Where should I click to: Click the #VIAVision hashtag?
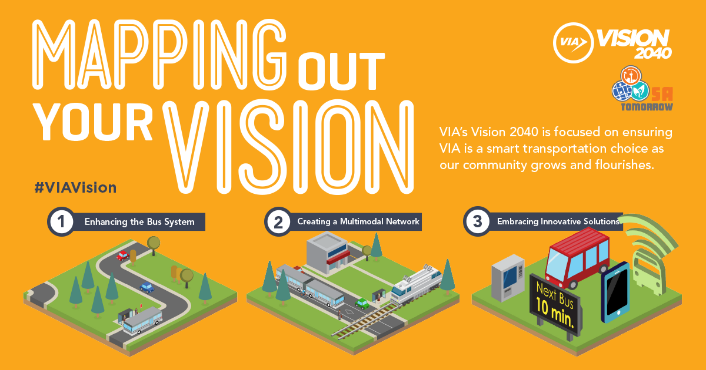point(76,188)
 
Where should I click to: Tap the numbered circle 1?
point(61,221)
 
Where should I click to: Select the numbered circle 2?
point(278,222)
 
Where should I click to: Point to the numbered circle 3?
point(477,221)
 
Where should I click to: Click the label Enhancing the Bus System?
point(139,222)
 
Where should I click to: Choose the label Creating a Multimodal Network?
point(358,221)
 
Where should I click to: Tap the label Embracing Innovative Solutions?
point(558,221)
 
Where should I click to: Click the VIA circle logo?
point(573,43)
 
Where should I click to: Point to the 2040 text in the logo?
point(652,53)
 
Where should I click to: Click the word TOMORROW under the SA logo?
point(647,107)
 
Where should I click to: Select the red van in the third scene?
point(577,258)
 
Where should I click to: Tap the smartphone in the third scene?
point(615,292)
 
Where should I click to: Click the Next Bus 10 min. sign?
point(556,305)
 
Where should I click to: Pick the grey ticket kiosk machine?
point(508,277)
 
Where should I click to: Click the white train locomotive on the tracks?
point(416,285)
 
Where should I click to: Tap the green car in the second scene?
point(362,303)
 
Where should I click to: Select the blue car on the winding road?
point(147,288)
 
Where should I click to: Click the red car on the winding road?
point(122,255)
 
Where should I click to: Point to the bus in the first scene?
point(142,320)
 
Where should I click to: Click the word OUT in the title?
point(341,72)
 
